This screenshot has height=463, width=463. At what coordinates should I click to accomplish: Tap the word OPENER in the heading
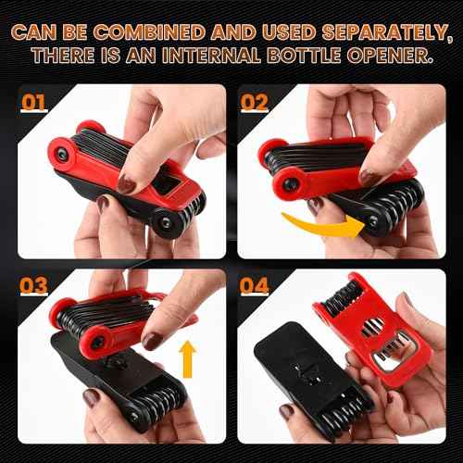click(396, 55)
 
